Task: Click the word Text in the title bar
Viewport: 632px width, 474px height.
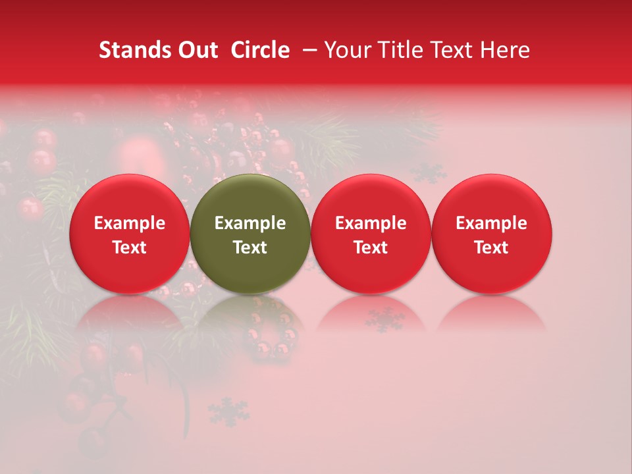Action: coord(454,50)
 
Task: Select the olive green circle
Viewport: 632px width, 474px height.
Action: coord(250,234)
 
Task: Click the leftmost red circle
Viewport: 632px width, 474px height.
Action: coord(129,234)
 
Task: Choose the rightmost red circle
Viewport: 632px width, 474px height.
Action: coord(492,234)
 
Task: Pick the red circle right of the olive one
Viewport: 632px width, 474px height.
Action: coord(371,234)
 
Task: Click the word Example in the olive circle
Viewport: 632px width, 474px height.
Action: coord(250,223)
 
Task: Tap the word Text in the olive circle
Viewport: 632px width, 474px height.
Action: coord(250,248)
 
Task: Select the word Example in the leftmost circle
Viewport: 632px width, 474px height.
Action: coord(129,223)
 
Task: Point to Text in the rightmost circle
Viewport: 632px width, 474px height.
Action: coord(492,248)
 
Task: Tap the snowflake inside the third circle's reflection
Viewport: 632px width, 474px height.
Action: coord(385,319)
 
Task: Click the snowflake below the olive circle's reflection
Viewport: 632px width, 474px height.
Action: coord(228,411)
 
